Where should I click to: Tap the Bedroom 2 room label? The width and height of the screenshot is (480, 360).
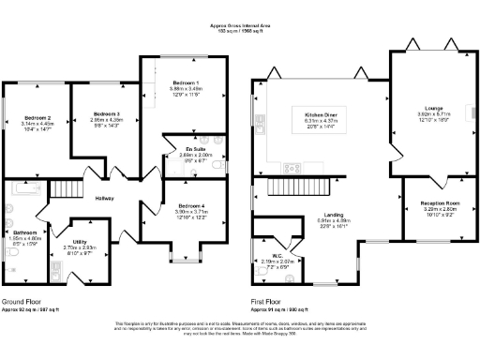point(36,118)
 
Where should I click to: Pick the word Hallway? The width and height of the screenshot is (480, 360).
point(104,198)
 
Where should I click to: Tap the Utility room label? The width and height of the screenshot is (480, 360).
point(80,241)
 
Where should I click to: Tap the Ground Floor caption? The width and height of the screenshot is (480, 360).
point(22,302)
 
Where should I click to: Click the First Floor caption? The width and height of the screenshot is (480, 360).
point(268,302)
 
